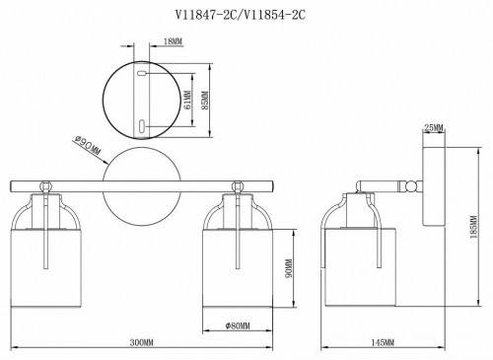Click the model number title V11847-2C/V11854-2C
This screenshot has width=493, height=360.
coord(241,15)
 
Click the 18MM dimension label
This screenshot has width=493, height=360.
coord(173,41)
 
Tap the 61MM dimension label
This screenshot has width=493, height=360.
coord(187,100)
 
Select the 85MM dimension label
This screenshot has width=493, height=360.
coord(205,101)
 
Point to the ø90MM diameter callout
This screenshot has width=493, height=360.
coord(88,146)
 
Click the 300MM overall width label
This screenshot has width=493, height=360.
coord(142,343)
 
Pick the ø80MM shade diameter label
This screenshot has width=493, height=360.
coord(238,325)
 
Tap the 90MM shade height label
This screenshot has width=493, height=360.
coord(289,268)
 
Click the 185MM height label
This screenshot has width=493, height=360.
coord(473,227)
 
